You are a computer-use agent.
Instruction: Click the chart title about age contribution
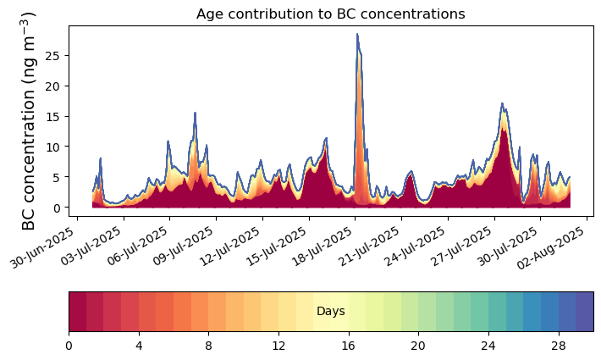pyautogui.click(x=330, y=14)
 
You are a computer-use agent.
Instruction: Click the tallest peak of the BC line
pyautogui.click(x=357, y=35)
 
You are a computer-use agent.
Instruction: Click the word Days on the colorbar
pyautogui.click(x=331, y=312)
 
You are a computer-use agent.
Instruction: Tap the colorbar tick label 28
pyautogui.click(x=558, y=346)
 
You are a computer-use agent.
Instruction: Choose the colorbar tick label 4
pyautogui.click(x=139, y=346)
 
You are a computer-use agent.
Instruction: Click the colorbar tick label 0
pyautogui.click(x=69, y=346)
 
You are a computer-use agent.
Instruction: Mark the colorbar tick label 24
pyautogui.click(x=488, y=346)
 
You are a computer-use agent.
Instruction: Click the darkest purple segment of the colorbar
pyautogui.click(x=584, y=312)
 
